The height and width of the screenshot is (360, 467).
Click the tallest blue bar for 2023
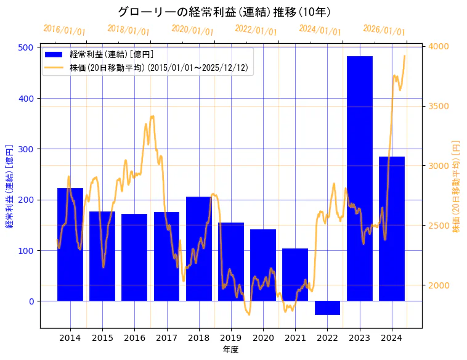click(360, 178)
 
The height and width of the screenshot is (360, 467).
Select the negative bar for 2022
click(327, 308)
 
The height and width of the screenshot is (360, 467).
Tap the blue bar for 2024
click(392, 229)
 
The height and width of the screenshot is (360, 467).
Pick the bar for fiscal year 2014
click(70, 244)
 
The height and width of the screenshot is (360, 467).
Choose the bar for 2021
click(295, 274)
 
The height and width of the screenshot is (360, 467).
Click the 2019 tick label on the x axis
click(231, 338)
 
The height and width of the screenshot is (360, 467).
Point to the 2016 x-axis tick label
click(134, 338)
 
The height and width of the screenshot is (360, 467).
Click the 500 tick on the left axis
click(27, 47)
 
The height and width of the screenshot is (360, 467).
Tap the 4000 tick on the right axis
click(439, 47)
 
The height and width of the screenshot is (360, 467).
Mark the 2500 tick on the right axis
click(439, 226)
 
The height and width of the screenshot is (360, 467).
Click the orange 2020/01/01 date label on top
click(192, 30)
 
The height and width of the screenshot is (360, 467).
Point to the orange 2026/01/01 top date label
click(384, 30)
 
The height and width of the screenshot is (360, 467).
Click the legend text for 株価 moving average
click(159, 67)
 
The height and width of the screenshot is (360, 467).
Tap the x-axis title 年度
click(231, 350)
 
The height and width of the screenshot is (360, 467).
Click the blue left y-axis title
click(10, 187)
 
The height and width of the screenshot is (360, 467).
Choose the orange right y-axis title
click(457, 186)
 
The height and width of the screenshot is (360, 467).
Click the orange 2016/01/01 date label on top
click(64, 30)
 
